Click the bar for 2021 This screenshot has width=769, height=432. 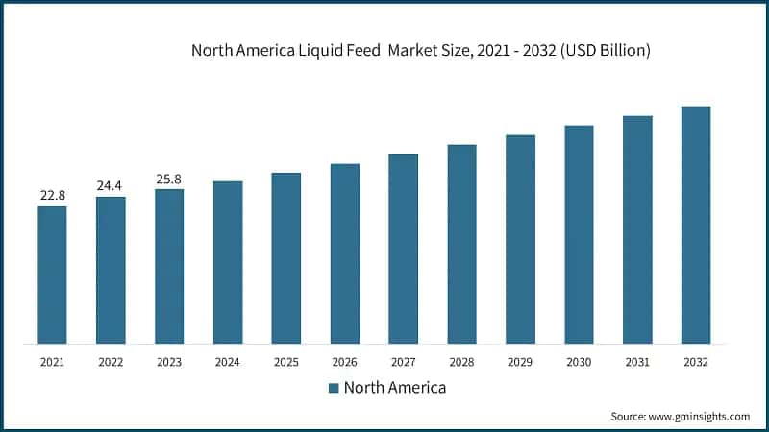52,275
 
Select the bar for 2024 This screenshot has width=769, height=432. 228,262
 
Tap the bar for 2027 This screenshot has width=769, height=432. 403,248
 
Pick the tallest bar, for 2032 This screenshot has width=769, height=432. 695,225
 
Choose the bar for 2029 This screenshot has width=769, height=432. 520,239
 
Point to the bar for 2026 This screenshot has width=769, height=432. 345,253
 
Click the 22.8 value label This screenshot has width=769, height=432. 52,196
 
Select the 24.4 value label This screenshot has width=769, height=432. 111,185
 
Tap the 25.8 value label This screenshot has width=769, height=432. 169,179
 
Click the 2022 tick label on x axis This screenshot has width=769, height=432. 111,362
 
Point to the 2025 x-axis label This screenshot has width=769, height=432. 285,362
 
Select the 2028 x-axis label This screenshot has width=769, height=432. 461,362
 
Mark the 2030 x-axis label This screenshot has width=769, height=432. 579,362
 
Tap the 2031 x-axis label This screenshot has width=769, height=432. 637,362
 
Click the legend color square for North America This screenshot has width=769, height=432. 334,388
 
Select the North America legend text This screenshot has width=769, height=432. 394,388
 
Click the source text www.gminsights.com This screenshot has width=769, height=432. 701,416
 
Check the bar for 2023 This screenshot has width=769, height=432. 169,266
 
